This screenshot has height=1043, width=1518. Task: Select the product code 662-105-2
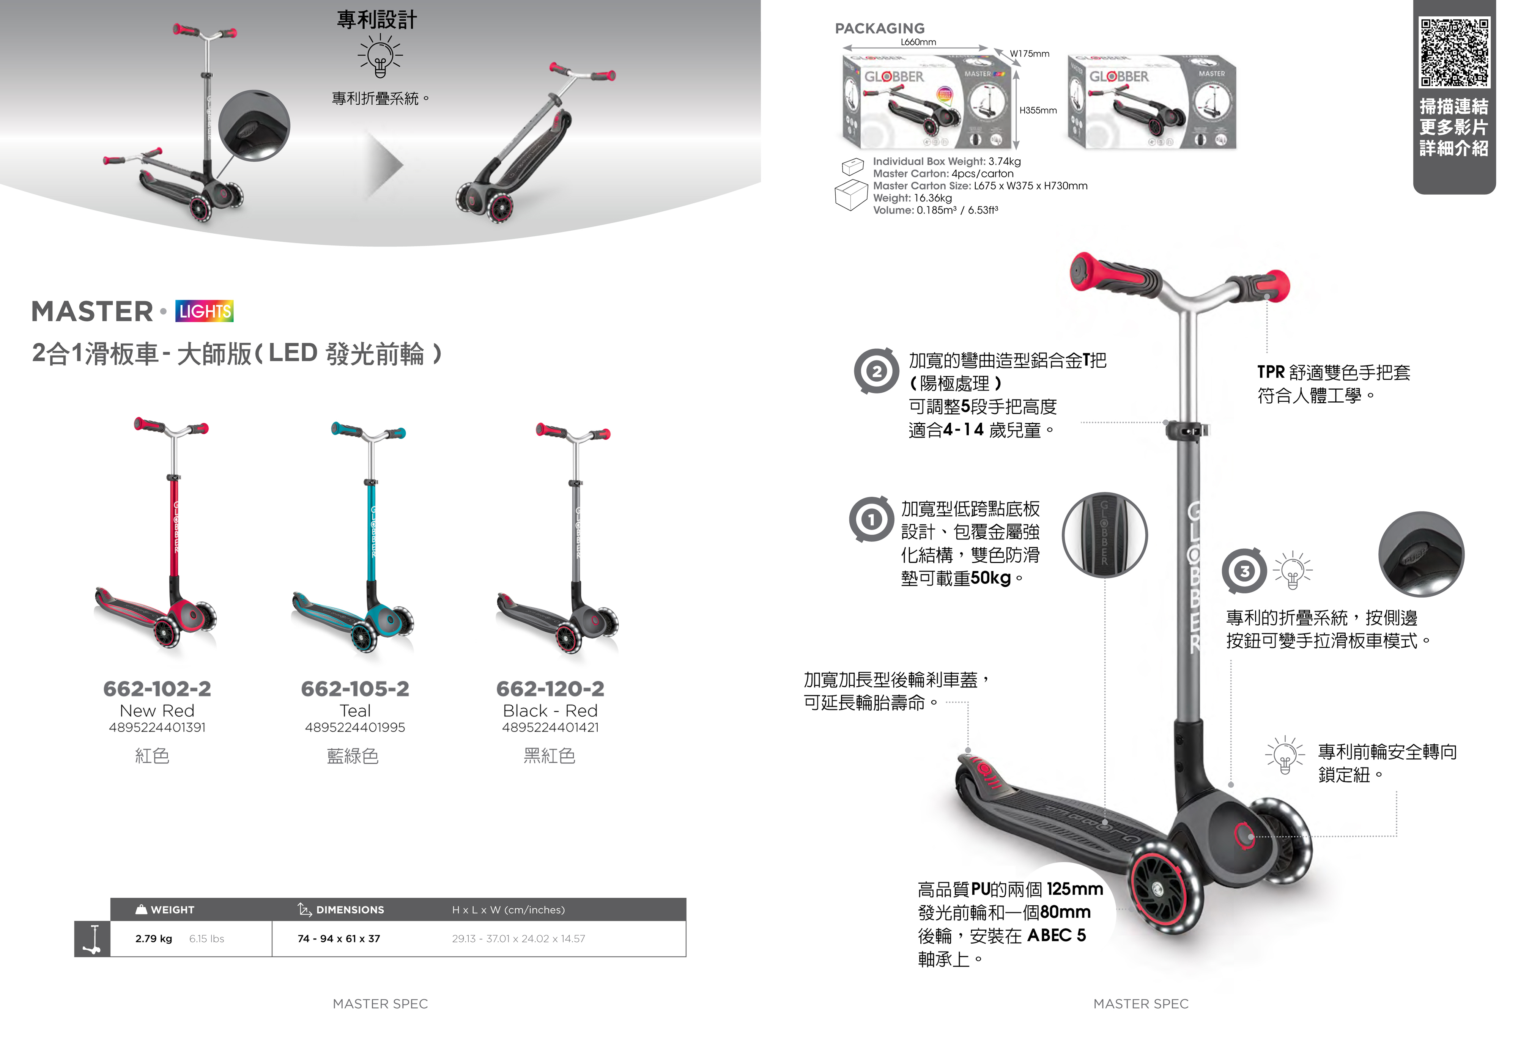coord(355,688)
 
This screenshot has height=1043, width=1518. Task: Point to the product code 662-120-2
coord(550,688)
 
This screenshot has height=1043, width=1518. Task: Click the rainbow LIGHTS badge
coord(205,311)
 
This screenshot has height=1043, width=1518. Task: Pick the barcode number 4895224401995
coord(355,727)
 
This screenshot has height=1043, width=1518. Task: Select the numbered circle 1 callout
coord(871,519)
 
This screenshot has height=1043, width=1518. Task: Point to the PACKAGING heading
coord(880,28)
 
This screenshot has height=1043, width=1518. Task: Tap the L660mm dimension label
coord(918,42)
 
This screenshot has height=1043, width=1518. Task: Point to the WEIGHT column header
coord(172,910)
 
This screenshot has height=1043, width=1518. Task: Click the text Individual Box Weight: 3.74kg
coord(946,161)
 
